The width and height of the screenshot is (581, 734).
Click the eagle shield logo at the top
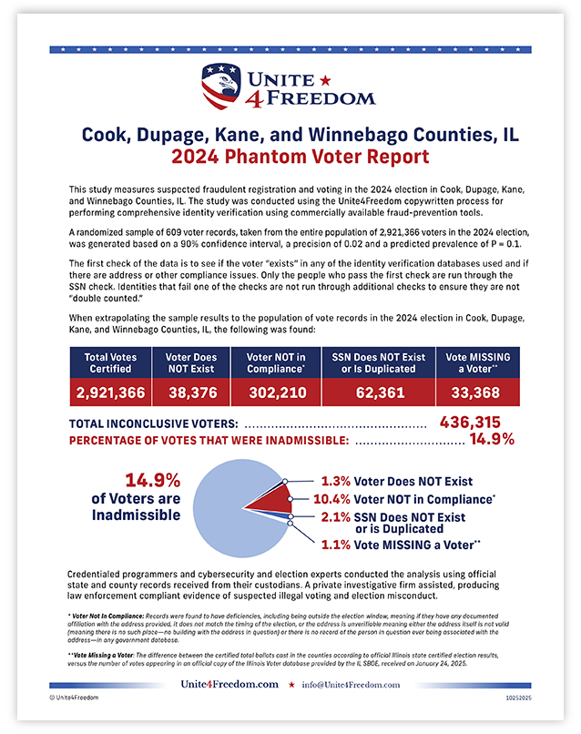pyautogui.click(x=222, y=85)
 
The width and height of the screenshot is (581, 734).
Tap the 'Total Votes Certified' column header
pyautogui.click(x=110, y=363)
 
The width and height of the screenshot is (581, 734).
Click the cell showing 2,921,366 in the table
pyautogui.click(x=110, y=392)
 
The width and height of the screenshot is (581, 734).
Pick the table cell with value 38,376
pyautogui.click(x=191, y=392)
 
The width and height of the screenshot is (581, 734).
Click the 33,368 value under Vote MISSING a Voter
pyautogui.click(x=477, y=392)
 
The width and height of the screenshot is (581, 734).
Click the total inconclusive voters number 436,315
pyautogui.click(x=476, y=422)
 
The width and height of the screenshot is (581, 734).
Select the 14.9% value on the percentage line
pyautogui.click(x=492, y=440)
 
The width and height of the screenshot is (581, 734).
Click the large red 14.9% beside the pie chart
pyautogui.click(x=148, y=482)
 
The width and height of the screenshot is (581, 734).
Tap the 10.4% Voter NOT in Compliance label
pyautogui.click(x=402, y=499)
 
